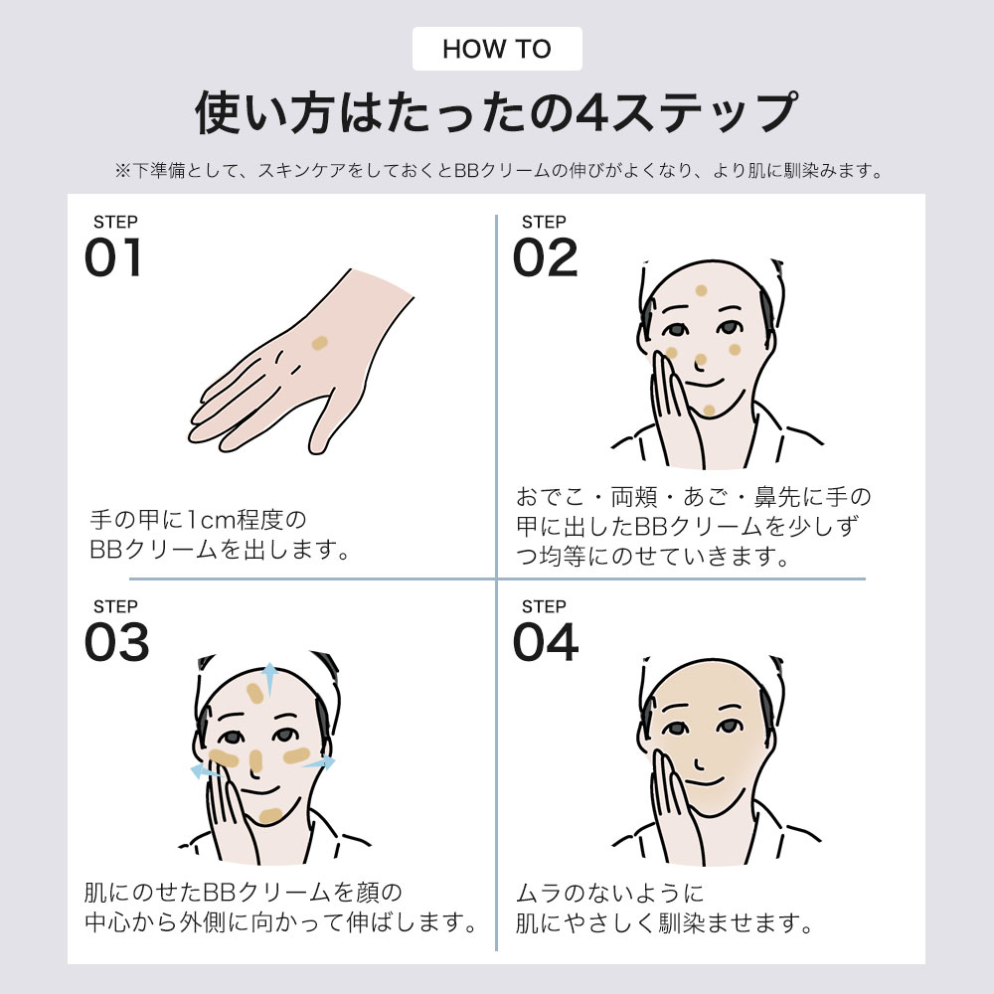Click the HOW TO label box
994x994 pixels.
point(497,49)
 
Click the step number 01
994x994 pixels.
point(113,257)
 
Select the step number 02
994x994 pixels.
point(545,257)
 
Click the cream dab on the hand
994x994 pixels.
point(319,343)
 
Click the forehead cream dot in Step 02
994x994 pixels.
point(701,290)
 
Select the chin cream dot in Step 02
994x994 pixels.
point(709,411)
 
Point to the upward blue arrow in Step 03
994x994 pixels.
point(269,679)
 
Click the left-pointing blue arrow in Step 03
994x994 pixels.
point(205,771)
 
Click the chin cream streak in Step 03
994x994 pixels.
point(270,815)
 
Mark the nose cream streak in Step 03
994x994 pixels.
point(255,760)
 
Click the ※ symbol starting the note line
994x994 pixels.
point(121,171)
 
